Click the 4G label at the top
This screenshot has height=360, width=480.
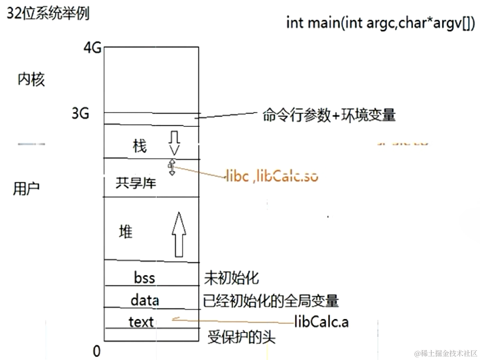tap(92, 49)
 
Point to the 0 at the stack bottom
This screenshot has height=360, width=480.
tap(97, 351)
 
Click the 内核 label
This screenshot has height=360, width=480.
tap(31, 80)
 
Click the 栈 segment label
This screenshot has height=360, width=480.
tap(140, 147)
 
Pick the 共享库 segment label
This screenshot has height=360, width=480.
tap(136, 183)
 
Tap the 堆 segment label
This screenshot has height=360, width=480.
tap(126, 231)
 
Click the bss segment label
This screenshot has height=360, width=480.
tap(144, 278)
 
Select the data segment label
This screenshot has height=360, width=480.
tap(145, 301)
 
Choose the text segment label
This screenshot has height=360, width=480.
tap(141, 322)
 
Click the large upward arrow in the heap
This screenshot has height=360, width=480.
tap(179, 235)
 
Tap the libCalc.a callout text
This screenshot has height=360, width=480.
tap(321, 322)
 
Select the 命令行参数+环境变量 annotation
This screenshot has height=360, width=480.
tap(329, 116)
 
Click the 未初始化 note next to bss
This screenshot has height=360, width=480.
tap(231, 278)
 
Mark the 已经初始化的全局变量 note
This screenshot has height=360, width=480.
tap(271, 301)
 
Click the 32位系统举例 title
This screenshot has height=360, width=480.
tap(48, 14)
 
